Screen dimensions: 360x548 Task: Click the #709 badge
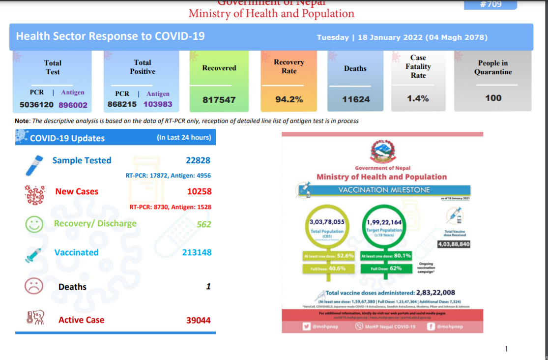click(x=490, y=4)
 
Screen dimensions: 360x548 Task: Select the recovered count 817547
click(x=219, y=100)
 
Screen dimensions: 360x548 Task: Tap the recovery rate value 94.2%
click(x=289, y=99)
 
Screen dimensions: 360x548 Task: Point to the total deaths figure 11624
click(x=356, y=99)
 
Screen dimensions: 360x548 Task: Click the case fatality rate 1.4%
click(x=418, y=98)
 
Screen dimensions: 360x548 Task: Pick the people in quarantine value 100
click(x=493, y=98)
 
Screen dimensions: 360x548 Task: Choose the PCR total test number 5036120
click(x=37, y=105)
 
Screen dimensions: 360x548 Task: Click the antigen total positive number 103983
click(x=158, y=104)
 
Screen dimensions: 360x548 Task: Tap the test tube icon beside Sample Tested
click(x=35, y=164)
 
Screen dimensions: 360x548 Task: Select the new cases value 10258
click(x=199, y=191)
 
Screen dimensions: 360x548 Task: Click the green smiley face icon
click(x=34, y=225)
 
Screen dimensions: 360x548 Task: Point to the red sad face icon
click(x=34, y=287)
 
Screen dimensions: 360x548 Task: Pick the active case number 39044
click(x=199, y=320)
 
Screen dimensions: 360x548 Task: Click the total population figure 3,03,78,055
click(x=327, y=222)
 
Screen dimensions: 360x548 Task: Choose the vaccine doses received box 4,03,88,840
click(x=454, y=244)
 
